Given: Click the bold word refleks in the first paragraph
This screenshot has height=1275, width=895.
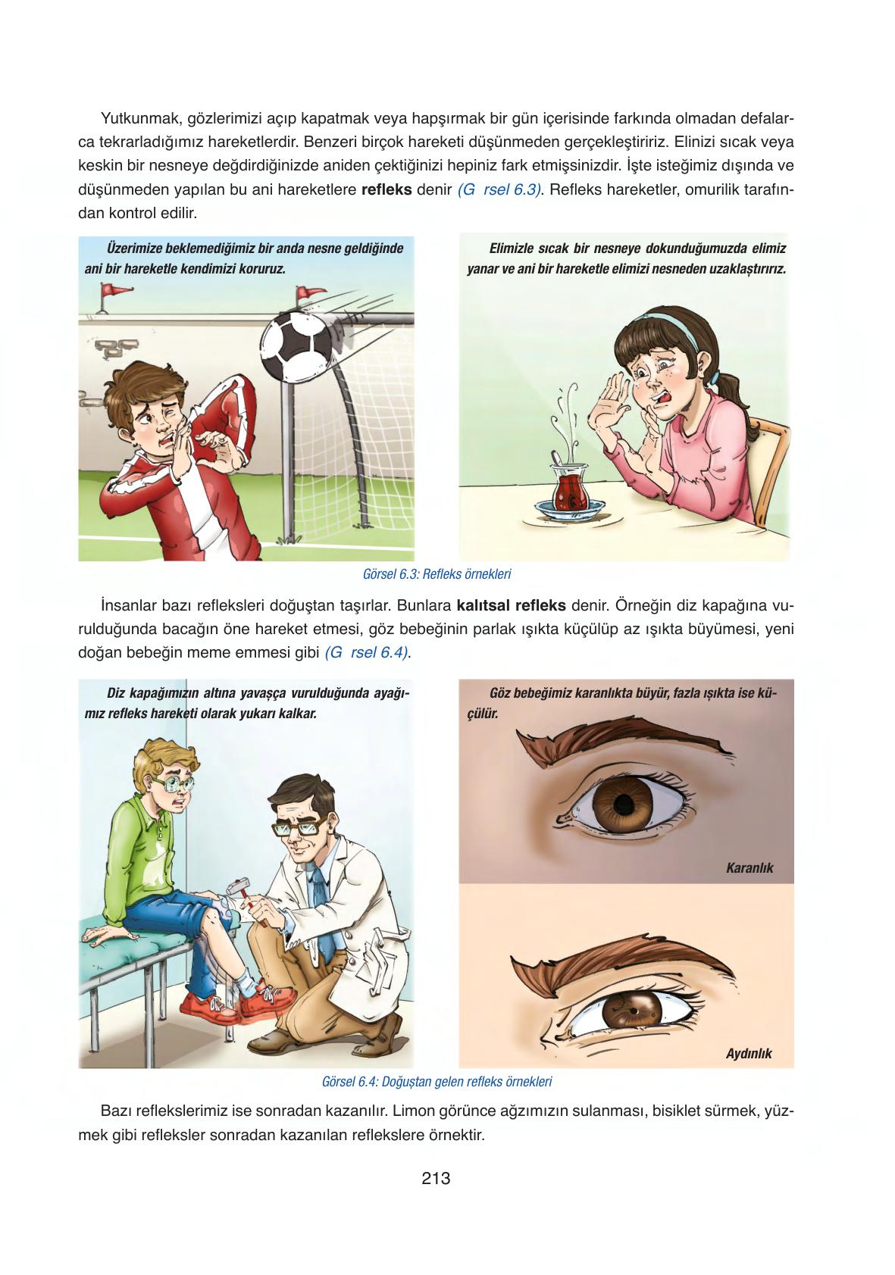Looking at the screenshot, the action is pos(386,189).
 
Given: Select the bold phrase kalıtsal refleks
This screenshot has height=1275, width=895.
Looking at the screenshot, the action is pos(512,605).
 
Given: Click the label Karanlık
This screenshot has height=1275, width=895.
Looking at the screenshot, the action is pos(749,868).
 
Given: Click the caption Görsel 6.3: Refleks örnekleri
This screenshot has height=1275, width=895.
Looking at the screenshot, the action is pos(437,574).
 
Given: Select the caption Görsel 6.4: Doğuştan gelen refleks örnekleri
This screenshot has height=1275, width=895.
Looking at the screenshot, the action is pos(437,1082).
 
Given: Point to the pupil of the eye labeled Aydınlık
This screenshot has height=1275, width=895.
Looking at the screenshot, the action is pos(633,1011).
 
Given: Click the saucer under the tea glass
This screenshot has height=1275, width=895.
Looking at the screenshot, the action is pos(569,508).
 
